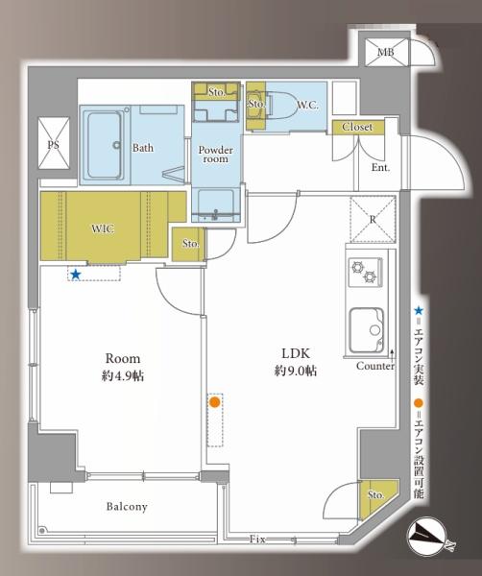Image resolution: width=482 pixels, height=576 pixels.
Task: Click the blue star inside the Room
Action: coord(76,274)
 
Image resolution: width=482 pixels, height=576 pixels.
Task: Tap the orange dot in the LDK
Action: coord(215,402)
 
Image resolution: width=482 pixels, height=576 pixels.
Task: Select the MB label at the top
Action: coord(386,52)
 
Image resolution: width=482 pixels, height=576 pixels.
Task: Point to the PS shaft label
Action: coord(54,144)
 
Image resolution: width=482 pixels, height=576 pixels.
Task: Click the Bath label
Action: coord(143,148)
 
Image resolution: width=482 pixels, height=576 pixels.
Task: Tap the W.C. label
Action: coord(307,106)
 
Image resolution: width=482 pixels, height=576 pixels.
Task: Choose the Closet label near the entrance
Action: coord(357,127)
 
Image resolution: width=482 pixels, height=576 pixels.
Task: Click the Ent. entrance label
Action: coord(380,168)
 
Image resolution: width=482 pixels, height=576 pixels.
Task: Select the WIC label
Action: coord(103,228)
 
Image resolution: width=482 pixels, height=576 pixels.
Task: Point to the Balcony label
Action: coord(127,507)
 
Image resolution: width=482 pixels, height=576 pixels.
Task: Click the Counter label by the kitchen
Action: coord(375,367)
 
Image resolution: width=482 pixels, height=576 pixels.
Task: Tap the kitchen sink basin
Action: coord(367,330)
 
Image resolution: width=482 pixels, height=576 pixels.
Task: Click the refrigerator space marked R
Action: coord(373,219)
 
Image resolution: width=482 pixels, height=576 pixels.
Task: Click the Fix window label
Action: coord(257,540)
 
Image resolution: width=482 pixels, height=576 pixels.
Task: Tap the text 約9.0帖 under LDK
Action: coord(296,371)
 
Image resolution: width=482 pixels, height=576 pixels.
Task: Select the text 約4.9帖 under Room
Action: coord(123,375)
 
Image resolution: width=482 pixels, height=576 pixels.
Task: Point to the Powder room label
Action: coord(216,155)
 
